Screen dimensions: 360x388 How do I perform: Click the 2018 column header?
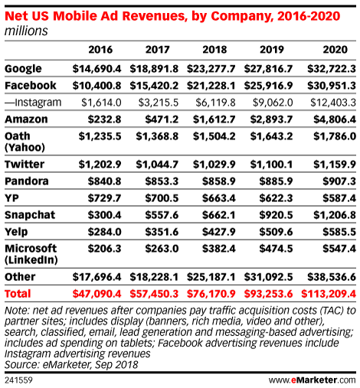[x=214, y=50]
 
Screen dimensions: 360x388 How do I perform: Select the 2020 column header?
[x=335, y=50]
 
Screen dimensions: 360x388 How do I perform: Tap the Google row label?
[x=23, y=69]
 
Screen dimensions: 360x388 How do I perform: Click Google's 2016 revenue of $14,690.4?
[x=97, y=69]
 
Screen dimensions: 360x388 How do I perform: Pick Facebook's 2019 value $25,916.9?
[x=268, y=86]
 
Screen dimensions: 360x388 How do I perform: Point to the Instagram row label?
[x=33, y=103]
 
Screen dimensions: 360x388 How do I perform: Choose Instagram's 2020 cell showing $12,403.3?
[x=333, y=103]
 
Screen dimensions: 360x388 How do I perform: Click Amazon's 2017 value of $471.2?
[x=162, y=119]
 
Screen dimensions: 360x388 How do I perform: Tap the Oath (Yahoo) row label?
[x=25, y=142]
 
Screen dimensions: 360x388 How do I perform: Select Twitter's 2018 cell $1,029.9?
[x=214, y=165]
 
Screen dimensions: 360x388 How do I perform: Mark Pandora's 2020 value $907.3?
[x=339, y=181]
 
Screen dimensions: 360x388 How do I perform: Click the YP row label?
[x=11, y=198]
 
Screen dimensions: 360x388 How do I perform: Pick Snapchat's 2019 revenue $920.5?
[x=276, y=215]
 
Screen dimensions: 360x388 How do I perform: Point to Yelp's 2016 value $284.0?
[x=104, y=232]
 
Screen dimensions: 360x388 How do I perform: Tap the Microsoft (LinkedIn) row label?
[x=31, y=254]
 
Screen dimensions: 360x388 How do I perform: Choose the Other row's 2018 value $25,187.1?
[x=211, y=277]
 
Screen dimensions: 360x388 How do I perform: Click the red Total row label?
[x=18, y=294]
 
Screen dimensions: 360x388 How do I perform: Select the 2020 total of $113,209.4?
[x=329, y=294]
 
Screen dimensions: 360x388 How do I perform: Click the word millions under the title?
[x=26, y=31]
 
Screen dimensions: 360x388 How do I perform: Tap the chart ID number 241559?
[x=18, y=380]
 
